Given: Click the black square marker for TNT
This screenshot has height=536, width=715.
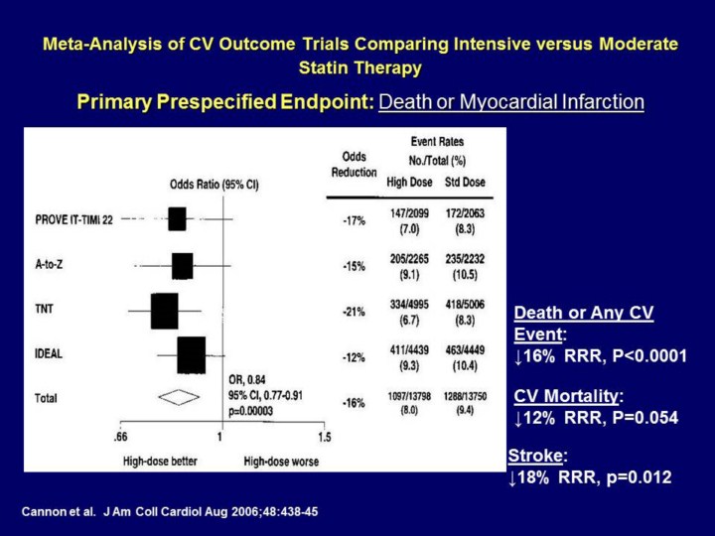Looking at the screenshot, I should [164, 311].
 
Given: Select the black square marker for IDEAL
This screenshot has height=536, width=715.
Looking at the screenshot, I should [191, 354].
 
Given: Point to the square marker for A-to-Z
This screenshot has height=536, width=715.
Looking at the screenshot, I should [182, 266].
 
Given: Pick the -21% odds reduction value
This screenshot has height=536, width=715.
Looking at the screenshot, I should [355, 311].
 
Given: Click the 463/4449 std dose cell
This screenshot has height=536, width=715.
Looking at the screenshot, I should [464, 345].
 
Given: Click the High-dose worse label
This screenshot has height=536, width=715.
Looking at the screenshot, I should [281, 461].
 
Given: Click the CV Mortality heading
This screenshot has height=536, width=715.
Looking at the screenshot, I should [568, 397].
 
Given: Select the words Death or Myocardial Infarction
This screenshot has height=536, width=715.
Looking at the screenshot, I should [512, 101].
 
